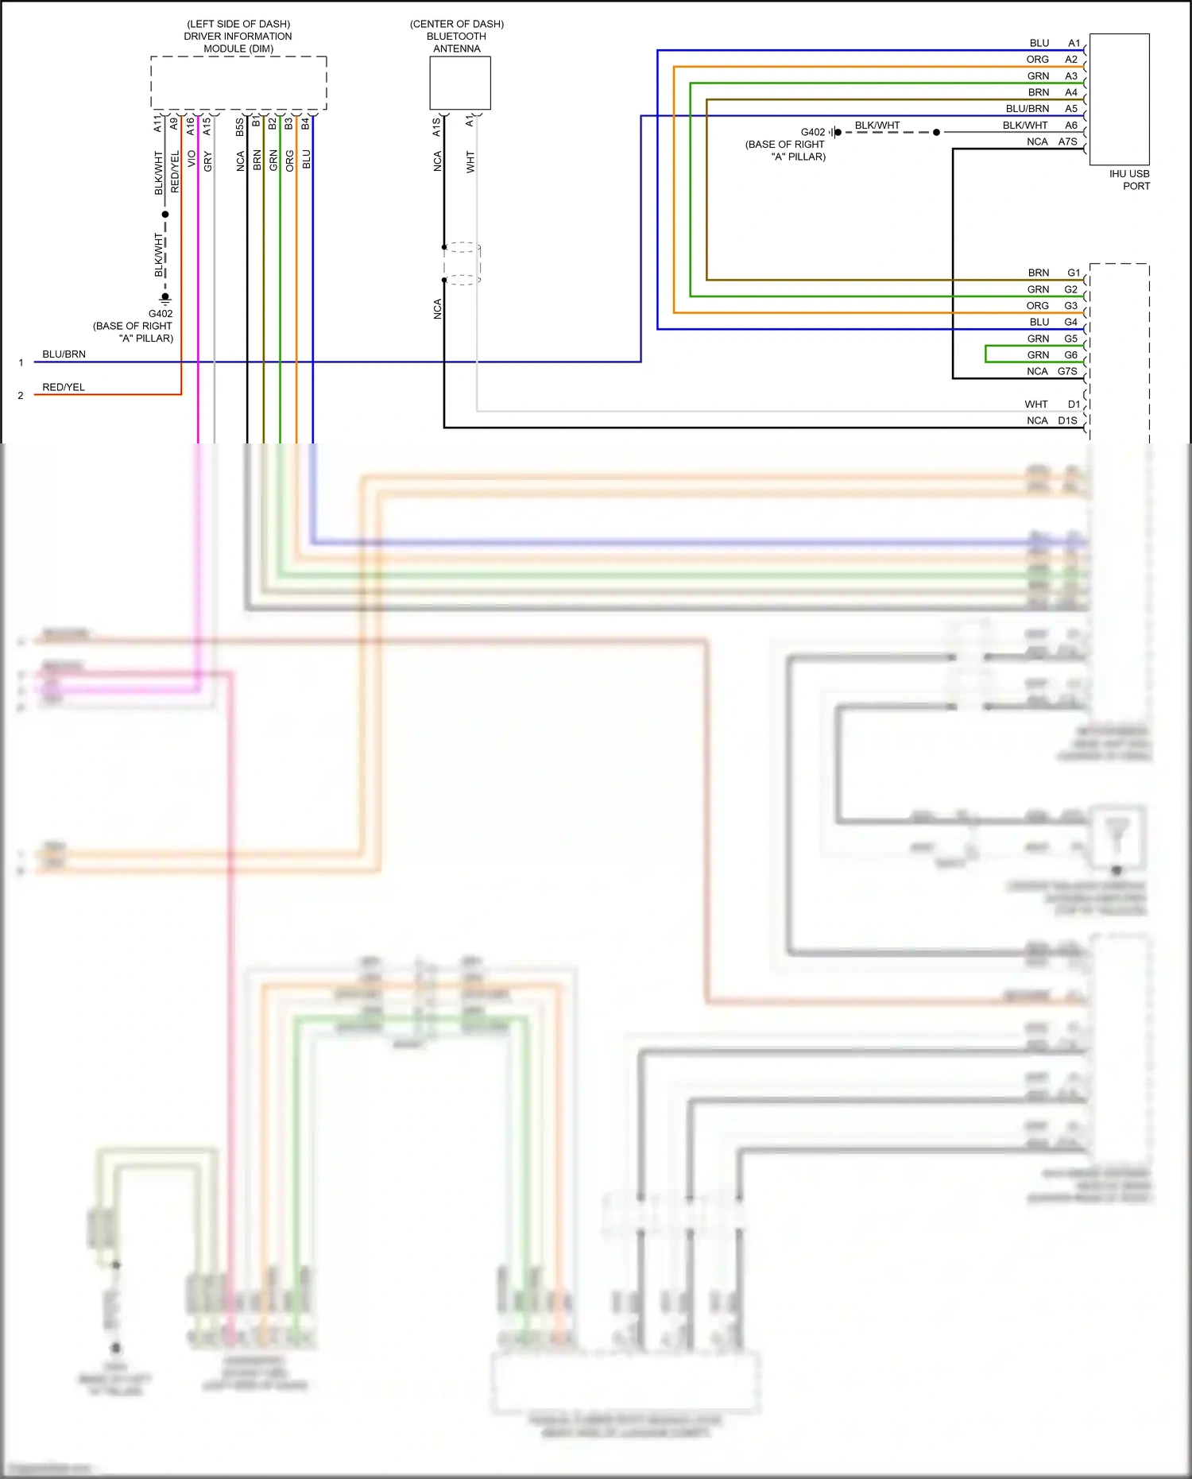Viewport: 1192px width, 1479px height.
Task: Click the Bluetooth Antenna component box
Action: (460, 83)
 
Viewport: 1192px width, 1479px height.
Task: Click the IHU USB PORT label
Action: (1129, 180)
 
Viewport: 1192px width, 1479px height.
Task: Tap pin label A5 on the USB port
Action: (1071, 109)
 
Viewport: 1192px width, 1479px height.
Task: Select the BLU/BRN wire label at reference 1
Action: (64, 354)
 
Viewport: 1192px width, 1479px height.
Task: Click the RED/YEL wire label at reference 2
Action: (64, 387)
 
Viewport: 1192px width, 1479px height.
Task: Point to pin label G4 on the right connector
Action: (1071, 322)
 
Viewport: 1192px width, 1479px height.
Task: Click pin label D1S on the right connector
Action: (1067, 420)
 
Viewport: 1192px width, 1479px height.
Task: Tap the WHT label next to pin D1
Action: (1036, 405)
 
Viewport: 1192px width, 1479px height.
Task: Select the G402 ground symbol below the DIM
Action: (165, 299)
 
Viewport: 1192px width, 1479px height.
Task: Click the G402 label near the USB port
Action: (813, 133)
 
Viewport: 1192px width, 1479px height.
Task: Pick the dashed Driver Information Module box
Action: (238, 83)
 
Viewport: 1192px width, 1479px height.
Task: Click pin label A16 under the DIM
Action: (191, 126)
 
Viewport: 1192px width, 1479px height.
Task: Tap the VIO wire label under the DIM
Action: (192, 159)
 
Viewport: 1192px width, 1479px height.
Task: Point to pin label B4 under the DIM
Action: (305, 124)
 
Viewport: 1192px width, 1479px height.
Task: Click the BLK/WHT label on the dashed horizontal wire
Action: (877, 126)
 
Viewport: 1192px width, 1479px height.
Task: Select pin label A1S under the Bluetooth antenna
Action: (436, 127)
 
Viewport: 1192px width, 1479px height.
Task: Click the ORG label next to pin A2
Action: (1037, 60)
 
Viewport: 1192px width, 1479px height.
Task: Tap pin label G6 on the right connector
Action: (1071, 355)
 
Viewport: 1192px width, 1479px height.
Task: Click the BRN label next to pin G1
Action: (1038, 273)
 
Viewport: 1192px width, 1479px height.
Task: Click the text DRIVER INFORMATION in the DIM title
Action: (238, 37)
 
